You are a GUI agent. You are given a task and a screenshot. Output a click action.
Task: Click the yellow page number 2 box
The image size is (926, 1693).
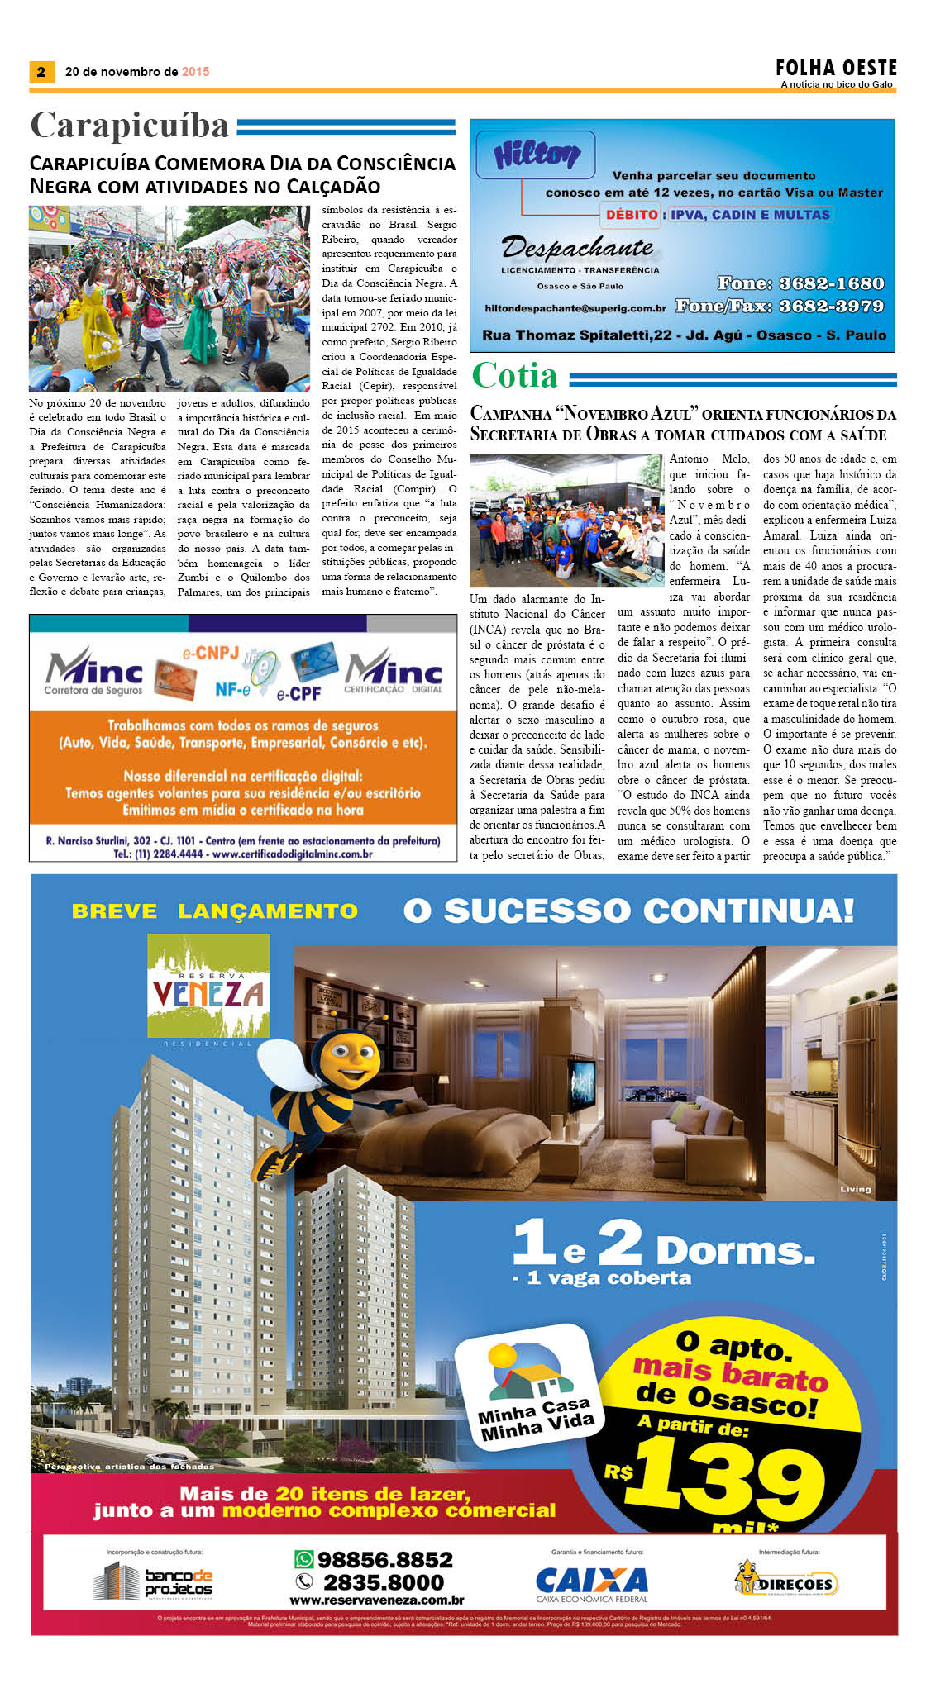point(41,72)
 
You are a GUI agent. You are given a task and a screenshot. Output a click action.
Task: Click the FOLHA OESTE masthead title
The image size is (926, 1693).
point(836,68)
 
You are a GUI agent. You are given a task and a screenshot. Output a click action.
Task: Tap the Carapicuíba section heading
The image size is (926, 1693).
point(129,126)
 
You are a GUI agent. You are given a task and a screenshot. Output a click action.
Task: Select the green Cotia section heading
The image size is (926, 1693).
point(514,376)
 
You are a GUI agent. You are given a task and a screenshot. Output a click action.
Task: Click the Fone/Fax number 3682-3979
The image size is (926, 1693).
point(831,306)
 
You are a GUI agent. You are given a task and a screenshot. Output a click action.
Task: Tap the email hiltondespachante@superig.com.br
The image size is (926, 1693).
point(575,308)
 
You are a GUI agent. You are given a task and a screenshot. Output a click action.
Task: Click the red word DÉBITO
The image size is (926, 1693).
point(632,215)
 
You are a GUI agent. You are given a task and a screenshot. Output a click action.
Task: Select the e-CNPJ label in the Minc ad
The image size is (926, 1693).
point(211,653)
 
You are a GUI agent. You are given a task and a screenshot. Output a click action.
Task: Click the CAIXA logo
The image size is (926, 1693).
point(591,1581)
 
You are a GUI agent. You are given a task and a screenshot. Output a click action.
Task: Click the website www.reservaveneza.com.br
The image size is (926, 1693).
point(377,1600)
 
